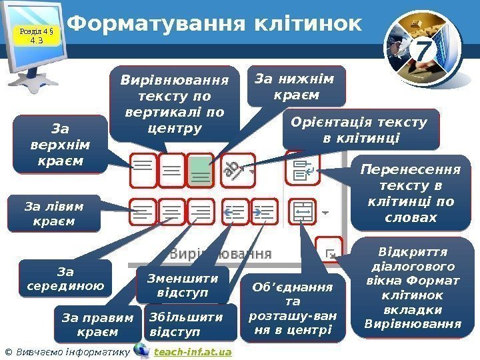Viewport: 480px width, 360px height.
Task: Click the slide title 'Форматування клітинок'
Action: tap(215, 25)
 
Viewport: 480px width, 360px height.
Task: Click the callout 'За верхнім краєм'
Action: tap(61, 144)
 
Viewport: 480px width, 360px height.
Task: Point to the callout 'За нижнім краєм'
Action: tap(297, 86)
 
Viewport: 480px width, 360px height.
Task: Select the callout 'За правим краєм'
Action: tap(97, 323)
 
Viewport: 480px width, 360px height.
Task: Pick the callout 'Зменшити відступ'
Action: tap(182, 284)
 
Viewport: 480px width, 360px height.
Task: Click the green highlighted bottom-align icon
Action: tap(200, 171)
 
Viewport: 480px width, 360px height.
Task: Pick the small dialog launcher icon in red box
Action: tap(329, 249)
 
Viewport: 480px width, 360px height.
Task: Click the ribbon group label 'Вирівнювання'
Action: tap(221, 254)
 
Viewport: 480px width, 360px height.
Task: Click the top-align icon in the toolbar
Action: tap(143, 170)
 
